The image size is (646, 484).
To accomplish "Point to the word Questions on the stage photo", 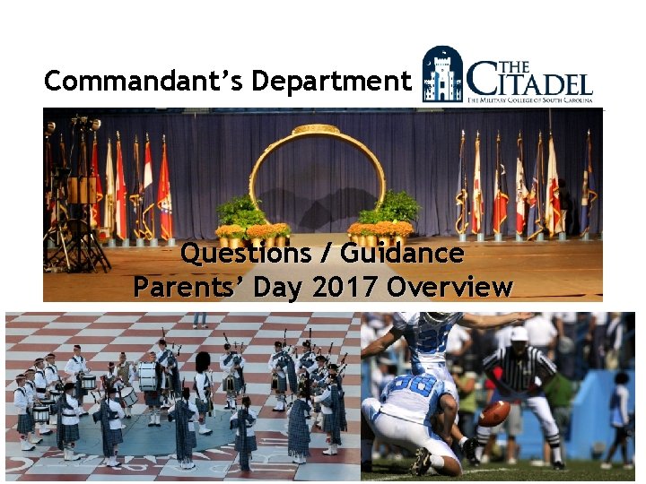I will [x=245, y=255].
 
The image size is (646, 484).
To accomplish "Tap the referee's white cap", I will [x=519, y=333].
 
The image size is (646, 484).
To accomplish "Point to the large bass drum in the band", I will [x=146, y=376].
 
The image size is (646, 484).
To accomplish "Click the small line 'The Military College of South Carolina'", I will [x=529, y=101].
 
